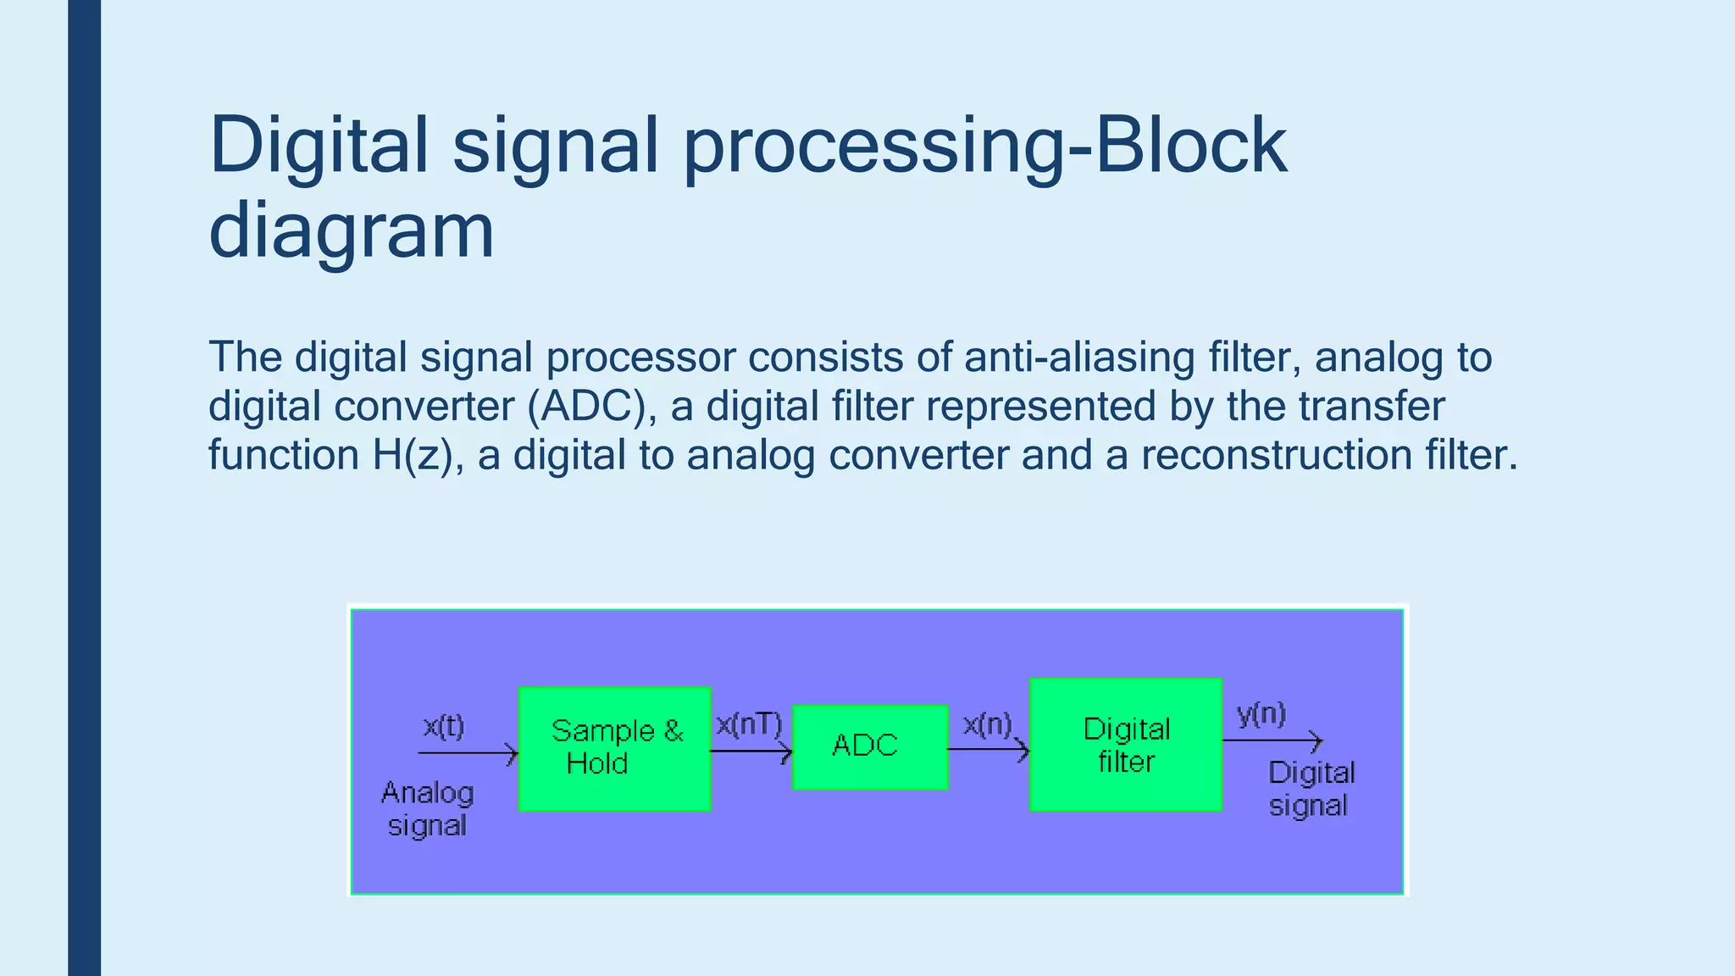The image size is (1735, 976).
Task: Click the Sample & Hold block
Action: pos(614,748)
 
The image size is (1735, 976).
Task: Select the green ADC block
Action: pos(869,746)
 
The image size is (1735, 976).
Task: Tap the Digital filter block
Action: pos(1125,744)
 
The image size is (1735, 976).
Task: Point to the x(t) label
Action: pos(444,726)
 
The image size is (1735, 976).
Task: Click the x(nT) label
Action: pos(749,724)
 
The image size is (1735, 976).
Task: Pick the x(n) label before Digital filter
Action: pos(988,724)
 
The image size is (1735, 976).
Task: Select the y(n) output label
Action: pos(1261,713)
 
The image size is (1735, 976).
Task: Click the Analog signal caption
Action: pos(427,808)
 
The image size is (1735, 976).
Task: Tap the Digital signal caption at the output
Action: pos(1310,788)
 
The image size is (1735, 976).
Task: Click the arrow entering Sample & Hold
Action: pos(468,752)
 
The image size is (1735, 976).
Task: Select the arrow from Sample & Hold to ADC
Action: pos(751,751)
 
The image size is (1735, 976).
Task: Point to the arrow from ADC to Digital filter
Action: pos(988,749)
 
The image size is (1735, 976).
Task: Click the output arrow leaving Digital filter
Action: pos(1272,741)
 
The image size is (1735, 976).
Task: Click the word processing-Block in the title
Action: pos(984,146)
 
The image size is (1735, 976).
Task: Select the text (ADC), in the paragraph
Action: pos(592,406)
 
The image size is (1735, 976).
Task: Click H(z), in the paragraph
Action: pos(419,455)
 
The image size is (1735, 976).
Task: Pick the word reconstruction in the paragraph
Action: pos(1276,455)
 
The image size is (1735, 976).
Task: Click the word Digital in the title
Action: pos(319,146)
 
